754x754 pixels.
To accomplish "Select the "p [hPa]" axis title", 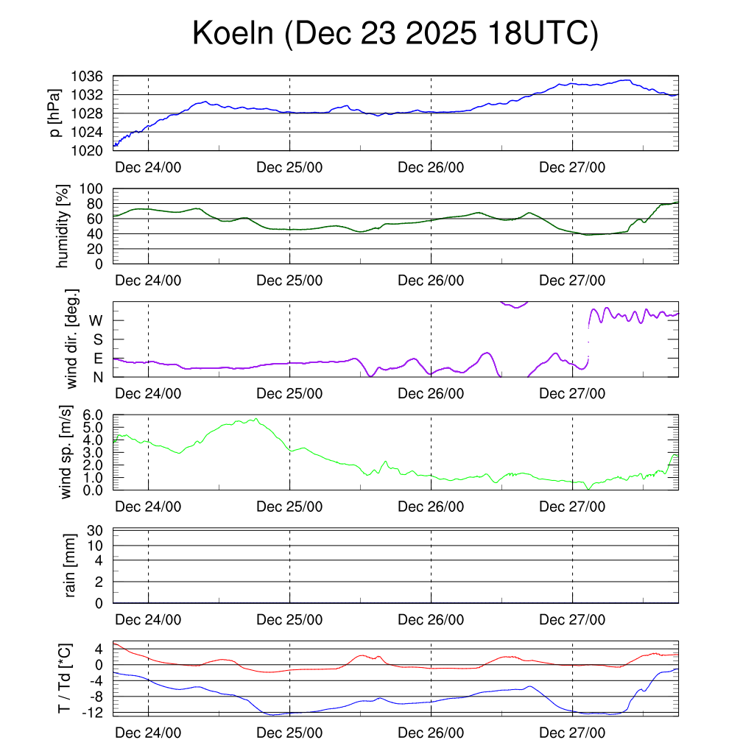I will click(55, 113).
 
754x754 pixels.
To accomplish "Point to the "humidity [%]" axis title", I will click(63, 226).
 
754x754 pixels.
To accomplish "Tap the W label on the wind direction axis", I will click(96, 320).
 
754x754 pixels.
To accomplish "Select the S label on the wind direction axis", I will click(97, 339).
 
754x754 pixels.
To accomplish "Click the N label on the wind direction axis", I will click(97, 377).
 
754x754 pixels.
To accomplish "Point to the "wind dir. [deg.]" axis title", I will click(72, 339).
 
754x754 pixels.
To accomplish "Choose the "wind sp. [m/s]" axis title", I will click(67, 452).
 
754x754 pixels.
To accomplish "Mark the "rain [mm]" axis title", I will click(71, 565).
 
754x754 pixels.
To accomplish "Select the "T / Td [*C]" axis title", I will click(65, 678).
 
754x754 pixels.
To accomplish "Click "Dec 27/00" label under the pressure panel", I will click(572, 167).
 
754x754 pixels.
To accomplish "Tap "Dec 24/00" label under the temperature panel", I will click(149, 733).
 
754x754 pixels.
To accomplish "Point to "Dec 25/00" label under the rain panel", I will click(289, 620).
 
